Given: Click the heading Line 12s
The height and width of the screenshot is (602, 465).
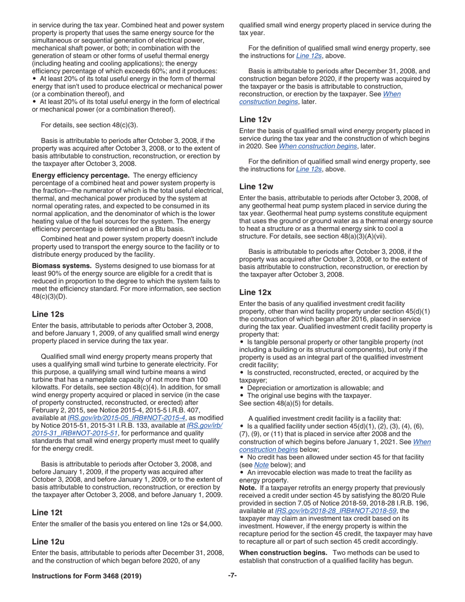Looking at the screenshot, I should [x=48, y=314].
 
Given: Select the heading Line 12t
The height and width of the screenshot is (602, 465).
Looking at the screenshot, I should [x=47, y=512].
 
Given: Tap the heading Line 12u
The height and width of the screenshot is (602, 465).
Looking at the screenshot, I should [x=48, y=542].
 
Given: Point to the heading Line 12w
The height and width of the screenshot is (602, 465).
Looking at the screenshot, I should [x=256, y=186].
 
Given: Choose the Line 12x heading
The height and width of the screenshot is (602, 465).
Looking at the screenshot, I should [x=255, y=292].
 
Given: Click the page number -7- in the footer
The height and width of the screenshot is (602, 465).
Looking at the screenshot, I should [x=232, y=576].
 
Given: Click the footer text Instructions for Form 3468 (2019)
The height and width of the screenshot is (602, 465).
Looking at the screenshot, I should [x=87, y=576].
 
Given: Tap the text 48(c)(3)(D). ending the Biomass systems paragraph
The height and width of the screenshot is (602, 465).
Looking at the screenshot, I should [x=49, y=297].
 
